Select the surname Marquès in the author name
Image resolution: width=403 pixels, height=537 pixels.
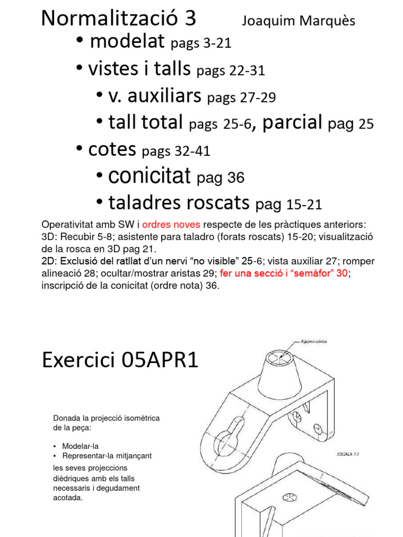pyautogui.click(x=328, y=21)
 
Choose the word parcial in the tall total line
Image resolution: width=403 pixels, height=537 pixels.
pyautogui.click(x=292, y=123)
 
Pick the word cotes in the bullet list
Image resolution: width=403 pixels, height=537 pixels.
pyautogui.click(x=112, y=150)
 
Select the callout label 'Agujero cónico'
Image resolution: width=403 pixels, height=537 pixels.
pyautogui.click(x=314, y=341)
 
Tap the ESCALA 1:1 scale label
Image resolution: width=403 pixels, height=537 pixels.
pyautogui.click(x=348, y=455)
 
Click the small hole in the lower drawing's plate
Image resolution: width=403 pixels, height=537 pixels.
pyautogui.click(x=290, y=496)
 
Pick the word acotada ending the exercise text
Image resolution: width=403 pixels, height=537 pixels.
pyautogui.click(x=68, y=498)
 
